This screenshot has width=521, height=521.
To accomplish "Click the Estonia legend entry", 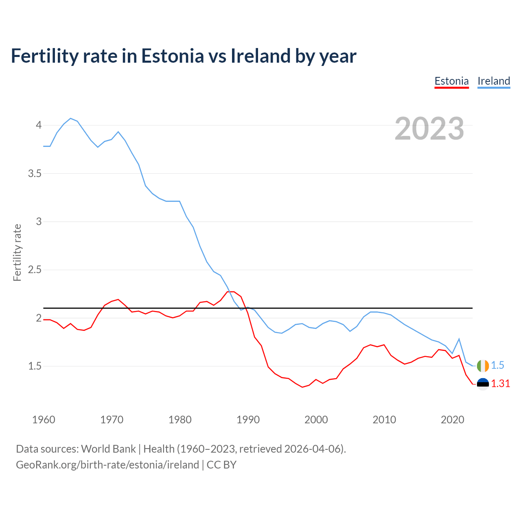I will point(451,81).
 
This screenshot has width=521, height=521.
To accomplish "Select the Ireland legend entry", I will point(494,81).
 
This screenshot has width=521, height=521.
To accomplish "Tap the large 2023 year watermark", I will point(429,129).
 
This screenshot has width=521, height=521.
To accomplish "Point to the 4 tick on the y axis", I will point(39,125).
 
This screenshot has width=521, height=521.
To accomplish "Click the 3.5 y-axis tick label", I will point(35,173).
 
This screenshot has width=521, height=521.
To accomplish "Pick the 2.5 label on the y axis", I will point(35,270).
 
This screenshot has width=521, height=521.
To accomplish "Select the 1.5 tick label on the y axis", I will point(35,366).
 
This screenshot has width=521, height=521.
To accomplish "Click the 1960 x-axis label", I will point(44,420).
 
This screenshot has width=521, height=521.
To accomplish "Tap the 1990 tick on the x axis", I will point(248,420).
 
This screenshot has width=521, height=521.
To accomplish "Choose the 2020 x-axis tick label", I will point(452,420).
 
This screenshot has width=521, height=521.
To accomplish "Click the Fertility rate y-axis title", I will point(17,252).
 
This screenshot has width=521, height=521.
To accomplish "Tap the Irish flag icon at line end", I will point(483,366).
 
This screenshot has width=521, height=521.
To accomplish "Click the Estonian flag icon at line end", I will point(483,384).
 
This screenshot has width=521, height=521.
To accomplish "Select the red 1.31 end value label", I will point(500,384).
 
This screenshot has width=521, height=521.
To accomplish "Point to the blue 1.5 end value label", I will point(497,366).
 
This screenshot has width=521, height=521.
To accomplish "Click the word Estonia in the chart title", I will point(172,56).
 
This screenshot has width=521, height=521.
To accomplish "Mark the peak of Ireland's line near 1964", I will point(71,118).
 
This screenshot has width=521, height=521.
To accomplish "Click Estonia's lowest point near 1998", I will point(302,387).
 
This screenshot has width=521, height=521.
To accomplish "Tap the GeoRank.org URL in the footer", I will point(107,464).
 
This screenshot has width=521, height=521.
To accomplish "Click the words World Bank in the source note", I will point(108,449).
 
